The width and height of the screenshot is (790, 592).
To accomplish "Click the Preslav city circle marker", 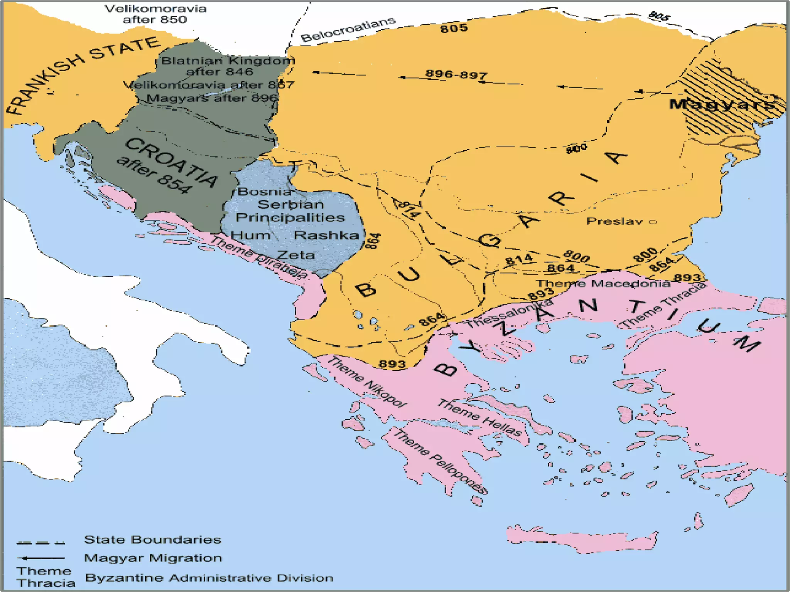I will [x=653, y=222].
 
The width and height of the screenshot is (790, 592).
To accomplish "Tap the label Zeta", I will [x=296, y=255].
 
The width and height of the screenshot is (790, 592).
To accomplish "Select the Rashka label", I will [x=326, y=235].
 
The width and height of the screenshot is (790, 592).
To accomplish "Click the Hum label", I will [x=250, y=235].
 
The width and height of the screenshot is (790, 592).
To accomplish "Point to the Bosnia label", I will [x=265, y=192].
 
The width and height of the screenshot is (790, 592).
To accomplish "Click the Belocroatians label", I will [x=348, y=29].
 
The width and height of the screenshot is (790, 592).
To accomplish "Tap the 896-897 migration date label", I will [x=456, y=74].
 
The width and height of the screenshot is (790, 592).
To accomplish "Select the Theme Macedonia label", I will [x=603, y=284].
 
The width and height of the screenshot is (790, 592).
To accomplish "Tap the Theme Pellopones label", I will [x=440, y=462].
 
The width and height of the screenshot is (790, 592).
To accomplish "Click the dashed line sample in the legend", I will [x=41, y=543].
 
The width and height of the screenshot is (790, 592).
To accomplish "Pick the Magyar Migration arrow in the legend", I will [x=41, y=558].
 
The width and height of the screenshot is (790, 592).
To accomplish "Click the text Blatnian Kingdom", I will [x=228, y=61].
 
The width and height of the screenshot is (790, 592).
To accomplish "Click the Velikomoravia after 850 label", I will [x=155, y=14].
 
